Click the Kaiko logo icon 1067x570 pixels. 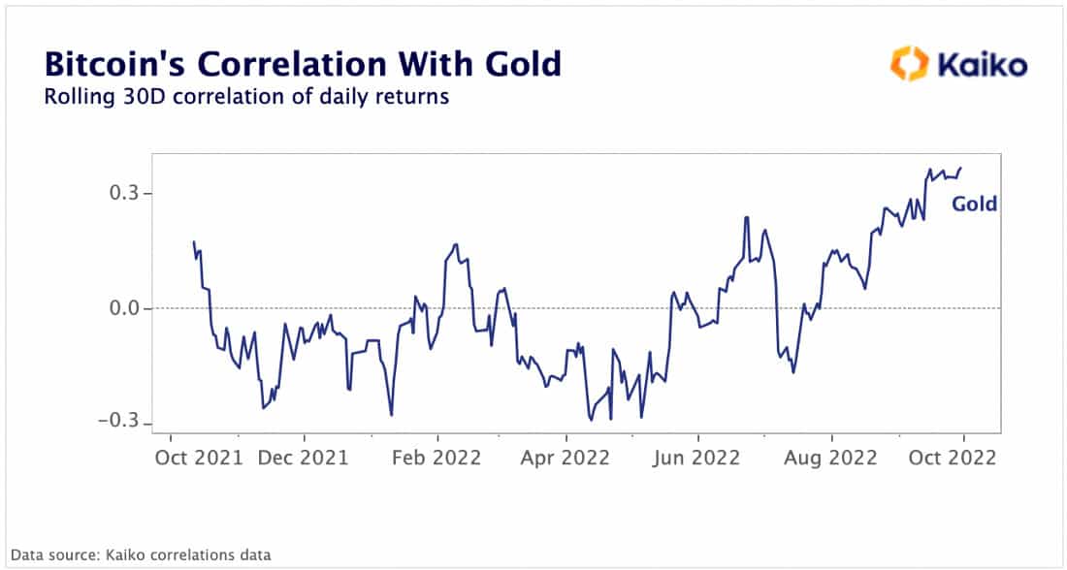pyautogui.click(x=909, y=65)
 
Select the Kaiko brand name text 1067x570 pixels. pyautogui.click(x=981, y=66)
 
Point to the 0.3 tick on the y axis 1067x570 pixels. pyautogui.click(x=122, y=194)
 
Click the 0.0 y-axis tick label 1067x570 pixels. pyautogui.click(x=122, y=308)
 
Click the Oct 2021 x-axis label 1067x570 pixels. pyautogui.click(x=198, y=458)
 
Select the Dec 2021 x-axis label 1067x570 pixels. pyautogui.click(x=304, y=458)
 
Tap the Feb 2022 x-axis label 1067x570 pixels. pyautogui.click(x=437, y=458)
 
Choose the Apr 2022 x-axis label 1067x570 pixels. pyautogui.click(x=565, y=458)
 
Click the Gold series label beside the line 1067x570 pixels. pyautogui.click(x=973, y=205)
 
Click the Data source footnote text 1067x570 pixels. pyautogui.click(x=141, y=554)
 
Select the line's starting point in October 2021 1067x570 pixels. pyautogui.click(x=194, y=242)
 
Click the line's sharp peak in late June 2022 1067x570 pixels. pyautogui.click(x=746, y=217)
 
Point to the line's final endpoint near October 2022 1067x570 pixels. pyautogui.click(x=960, y=169)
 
